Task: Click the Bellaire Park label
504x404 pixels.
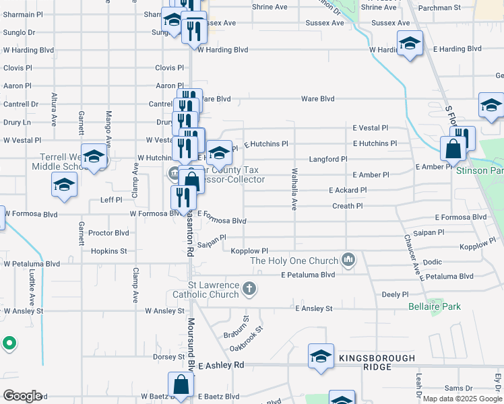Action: tap(435, 306)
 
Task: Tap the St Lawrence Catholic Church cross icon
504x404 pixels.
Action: tap(249, 290)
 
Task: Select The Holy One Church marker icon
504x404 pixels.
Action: tap(348, 259)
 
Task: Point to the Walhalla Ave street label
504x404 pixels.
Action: tap(294, 190)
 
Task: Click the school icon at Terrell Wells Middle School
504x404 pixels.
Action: tap(94, 156)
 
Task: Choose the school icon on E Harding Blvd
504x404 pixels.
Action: tap(409, 44)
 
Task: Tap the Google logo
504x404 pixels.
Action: tap(22, 396)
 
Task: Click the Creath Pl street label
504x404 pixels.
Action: tap(347, 206)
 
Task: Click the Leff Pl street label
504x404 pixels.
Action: tap(111, 200)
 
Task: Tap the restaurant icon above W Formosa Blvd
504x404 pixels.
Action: tap(183, 197)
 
